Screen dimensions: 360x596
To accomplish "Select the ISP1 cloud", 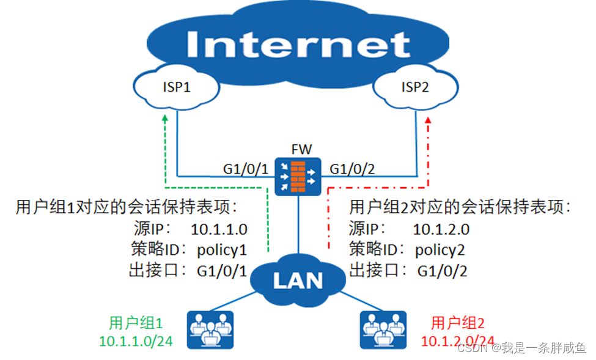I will (x=177, y=87).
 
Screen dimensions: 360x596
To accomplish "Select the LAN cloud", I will (x=298, y=280).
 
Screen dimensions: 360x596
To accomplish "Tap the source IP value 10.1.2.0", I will (x=441, y=229).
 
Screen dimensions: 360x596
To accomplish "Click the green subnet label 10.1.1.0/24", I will (x=136, y=340).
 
